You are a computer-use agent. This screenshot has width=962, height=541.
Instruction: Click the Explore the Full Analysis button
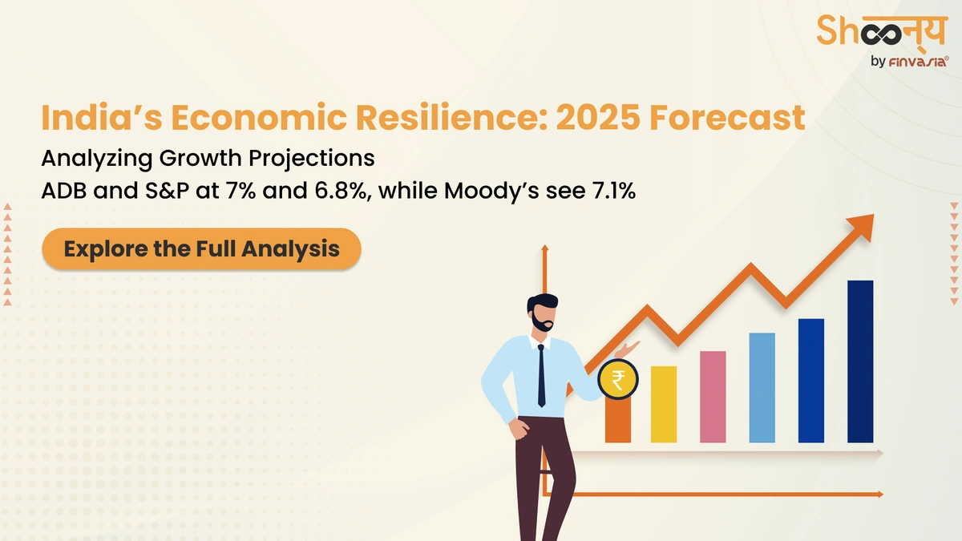[201, 248]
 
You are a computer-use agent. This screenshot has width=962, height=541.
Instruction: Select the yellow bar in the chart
[664, 404]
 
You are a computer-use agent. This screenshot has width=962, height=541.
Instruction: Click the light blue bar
[762, 387]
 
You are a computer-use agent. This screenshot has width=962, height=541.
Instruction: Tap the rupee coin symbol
[618, 379]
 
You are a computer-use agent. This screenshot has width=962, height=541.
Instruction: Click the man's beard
[541, 324]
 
